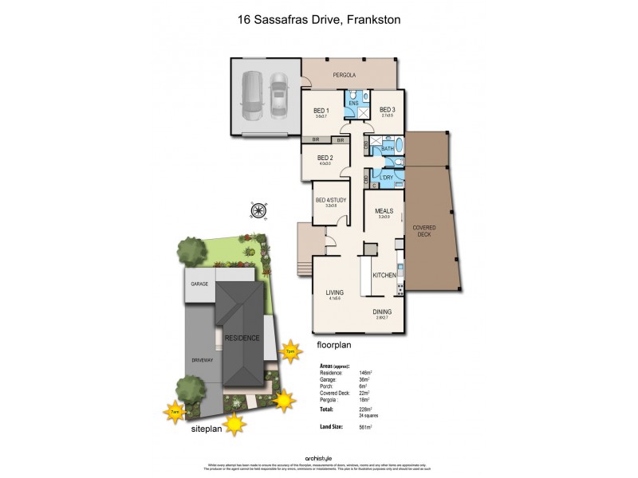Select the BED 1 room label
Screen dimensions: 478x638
[x=321, y=110]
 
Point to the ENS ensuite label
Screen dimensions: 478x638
[x=354, y=104]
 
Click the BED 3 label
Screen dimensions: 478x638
[x=388, y=110]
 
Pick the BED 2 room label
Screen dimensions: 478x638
[x=325, y=158]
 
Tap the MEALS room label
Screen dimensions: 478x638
[x=384, y=211]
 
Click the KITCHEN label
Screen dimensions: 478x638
[x=384, y=275]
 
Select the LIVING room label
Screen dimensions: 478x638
[x=333, y=292]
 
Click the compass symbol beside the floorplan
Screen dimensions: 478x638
[x=258, y=210]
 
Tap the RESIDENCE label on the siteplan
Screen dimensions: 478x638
[x=242, y=338]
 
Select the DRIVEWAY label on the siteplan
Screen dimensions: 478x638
[x=203, y=360]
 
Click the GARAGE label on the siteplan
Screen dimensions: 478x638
[x=199, y=284]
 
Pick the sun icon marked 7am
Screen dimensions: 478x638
[x=175, y=412]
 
